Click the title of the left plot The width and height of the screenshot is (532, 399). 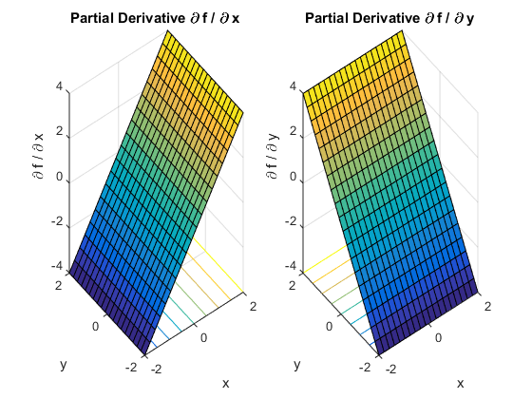tap(155, 18)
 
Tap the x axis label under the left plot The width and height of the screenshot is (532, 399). tap(225, 383)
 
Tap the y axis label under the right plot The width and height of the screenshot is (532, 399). tap(297, 364)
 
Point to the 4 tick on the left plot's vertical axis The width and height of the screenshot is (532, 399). tap(60, 86)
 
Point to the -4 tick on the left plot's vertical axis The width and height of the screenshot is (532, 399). tap(58, 267)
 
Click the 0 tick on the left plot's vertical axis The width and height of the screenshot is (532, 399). tap(60, 177)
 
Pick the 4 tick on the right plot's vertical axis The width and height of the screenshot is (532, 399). tap(294, 86)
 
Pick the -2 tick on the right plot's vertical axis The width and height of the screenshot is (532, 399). tap(292, 221)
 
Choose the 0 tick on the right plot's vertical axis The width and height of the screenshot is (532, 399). tap(294, 177)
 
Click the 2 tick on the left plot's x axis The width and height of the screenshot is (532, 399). tap(253, 305)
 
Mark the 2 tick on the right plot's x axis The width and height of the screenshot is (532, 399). tap(486, 305)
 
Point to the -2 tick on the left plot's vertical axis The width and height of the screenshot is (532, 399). tap(58, 221)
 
